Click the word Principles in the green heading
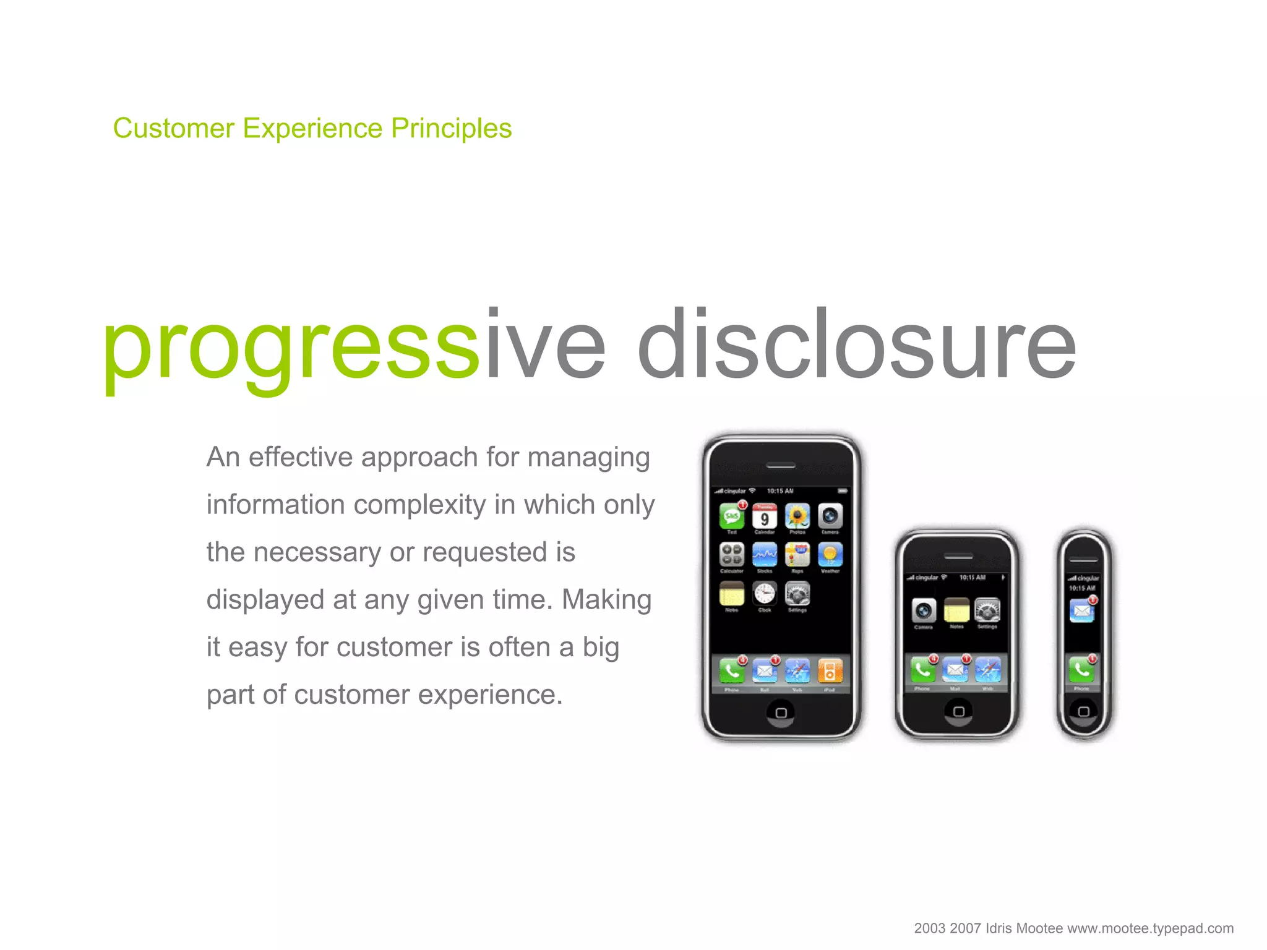point(451,129)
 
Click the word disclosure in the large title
point(857,344)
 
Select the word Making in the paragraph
point(606,600)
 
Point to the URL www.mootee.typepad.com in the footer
point(1150,928)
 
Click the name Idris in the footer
point(999,928)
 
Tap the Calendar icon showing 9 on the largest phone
point(765,516)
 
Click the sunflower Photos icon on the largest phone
point(797,516)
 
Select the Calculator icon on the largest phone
point(731,555)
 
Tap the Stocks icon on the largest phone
point(765,555)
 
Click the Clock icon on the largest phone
point(765,594)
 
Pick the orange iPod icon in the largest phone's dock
point(830,671)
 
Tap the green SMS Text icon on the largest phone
point(731,516)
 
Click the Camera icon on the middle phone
point(924,611)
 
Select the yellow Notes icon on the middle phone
point(956,610)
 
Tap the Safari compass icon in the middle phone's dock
point(987,670)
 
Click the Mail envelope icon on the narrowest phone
point(1082,612)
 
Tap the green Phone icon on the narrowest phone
point(1081,670)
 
